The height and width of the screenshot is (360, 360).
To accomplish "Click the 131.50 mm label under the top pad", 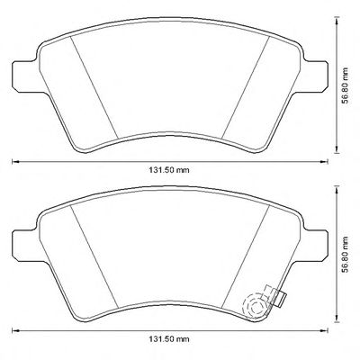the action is click(x=169, y=170).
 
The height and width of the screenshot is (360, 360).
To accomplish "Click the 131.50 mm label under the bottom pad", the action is click(x=169, y=339).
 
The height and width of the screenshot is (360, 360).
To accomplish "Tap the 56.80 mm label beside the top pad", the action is click(x=346, y=85).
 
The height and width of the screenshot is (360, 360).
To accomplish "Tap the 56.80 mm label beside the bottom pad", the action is click(x=346, y=255).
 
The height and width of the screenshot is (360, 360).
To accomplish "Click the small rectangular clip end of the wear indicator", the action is click(x=281, y=299).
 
